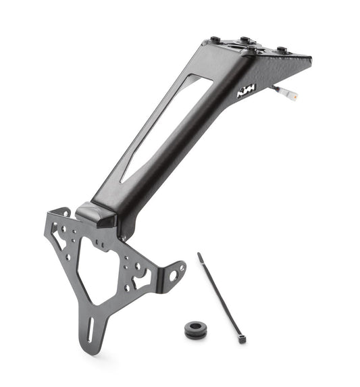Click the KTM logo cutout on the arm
pos(247,92)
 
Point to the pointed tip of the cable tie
pos(199,255)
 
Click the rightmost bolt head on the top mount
pos(282,50)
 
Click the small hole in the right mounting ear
pos(181,267)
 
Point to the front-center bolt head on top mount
pos(254,49)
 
